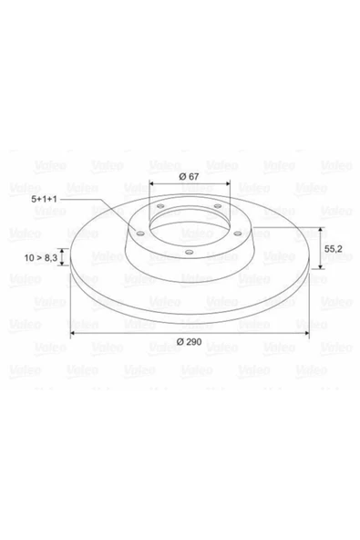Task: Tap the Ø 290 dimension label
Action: click(190, 341)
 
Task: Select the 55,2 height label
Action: click(334, 246)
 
